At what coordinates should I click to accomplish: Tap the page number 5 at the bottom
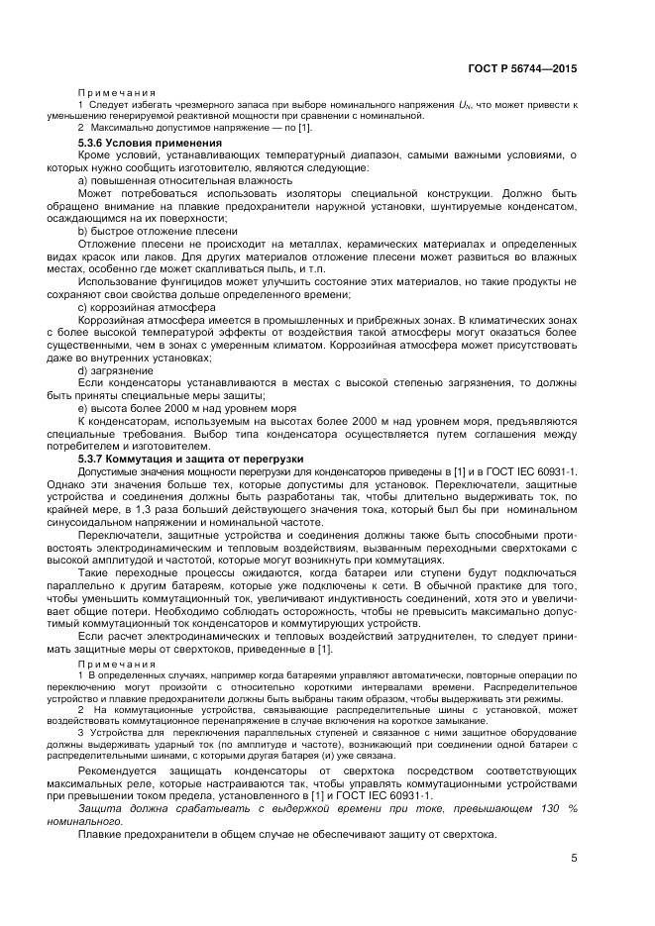[x=574, y=858]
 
